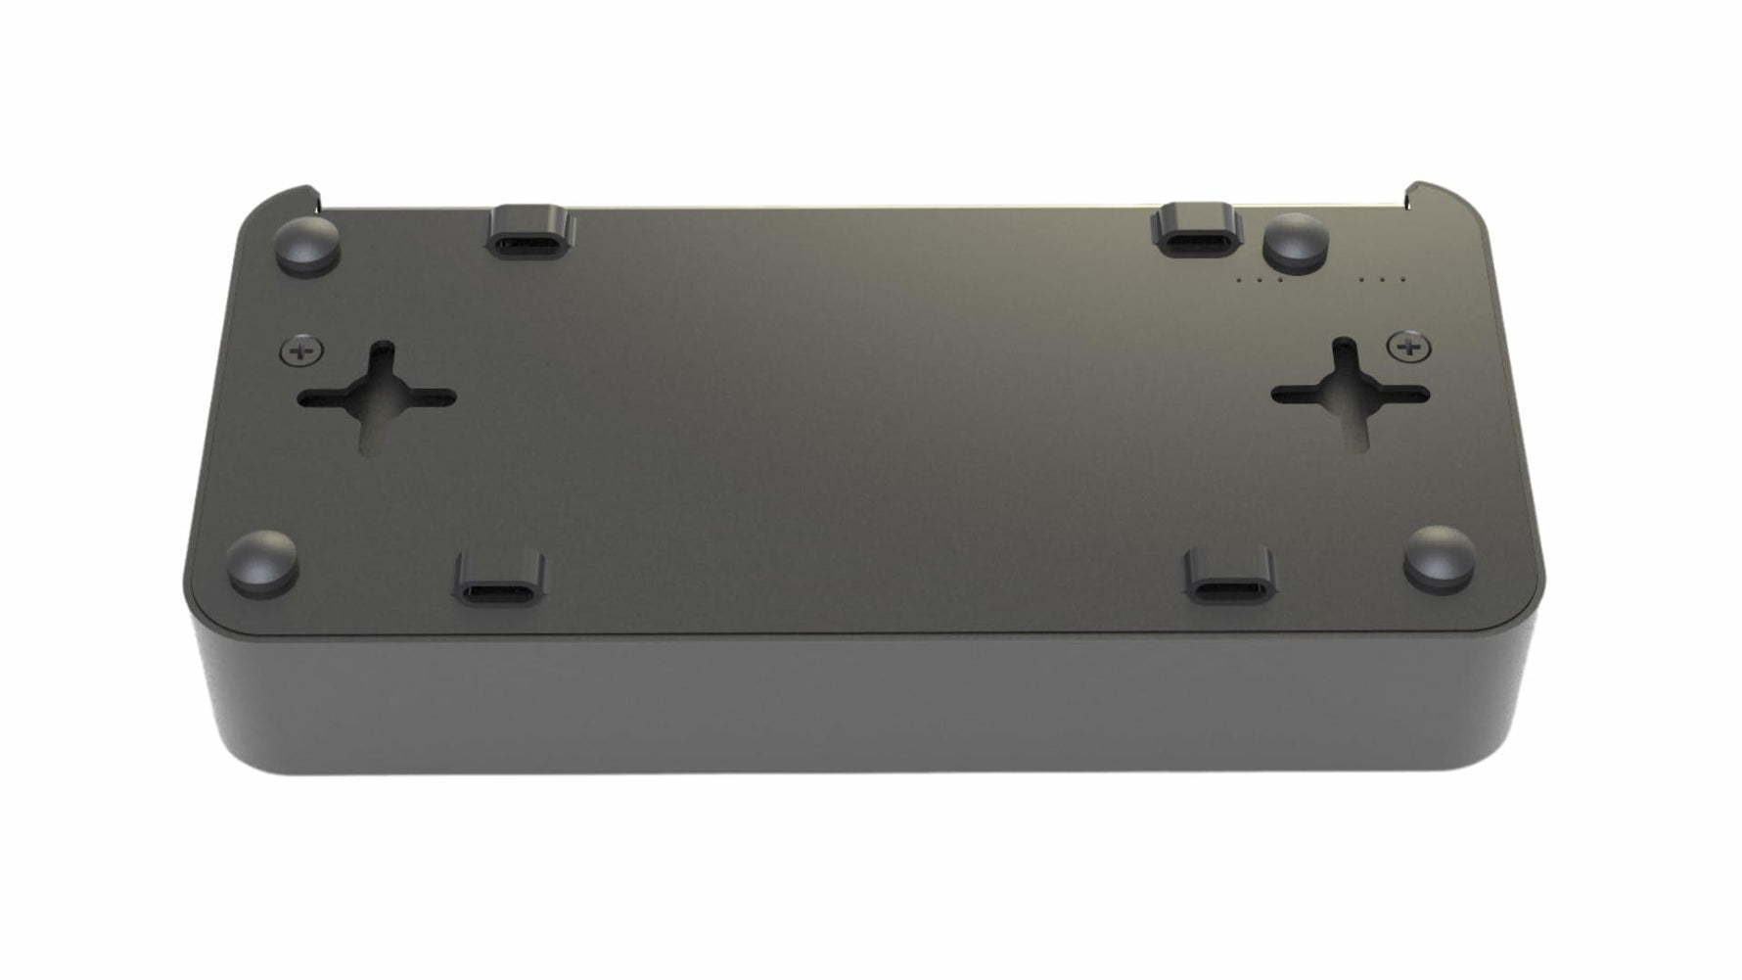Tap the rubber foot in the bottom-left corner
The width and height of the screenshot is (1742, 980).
coord(262,562)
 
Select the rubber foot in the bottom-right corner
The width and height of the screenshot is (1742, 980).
coord(1440,557)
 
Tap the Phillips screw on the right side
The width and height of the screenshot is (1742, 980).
coord(1408,346)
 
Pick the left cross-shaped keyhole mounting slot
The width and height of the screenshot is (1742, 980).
coord(376,397)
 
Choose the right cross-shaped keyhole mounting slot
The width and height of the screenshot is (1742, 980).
coord(1351,394)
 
